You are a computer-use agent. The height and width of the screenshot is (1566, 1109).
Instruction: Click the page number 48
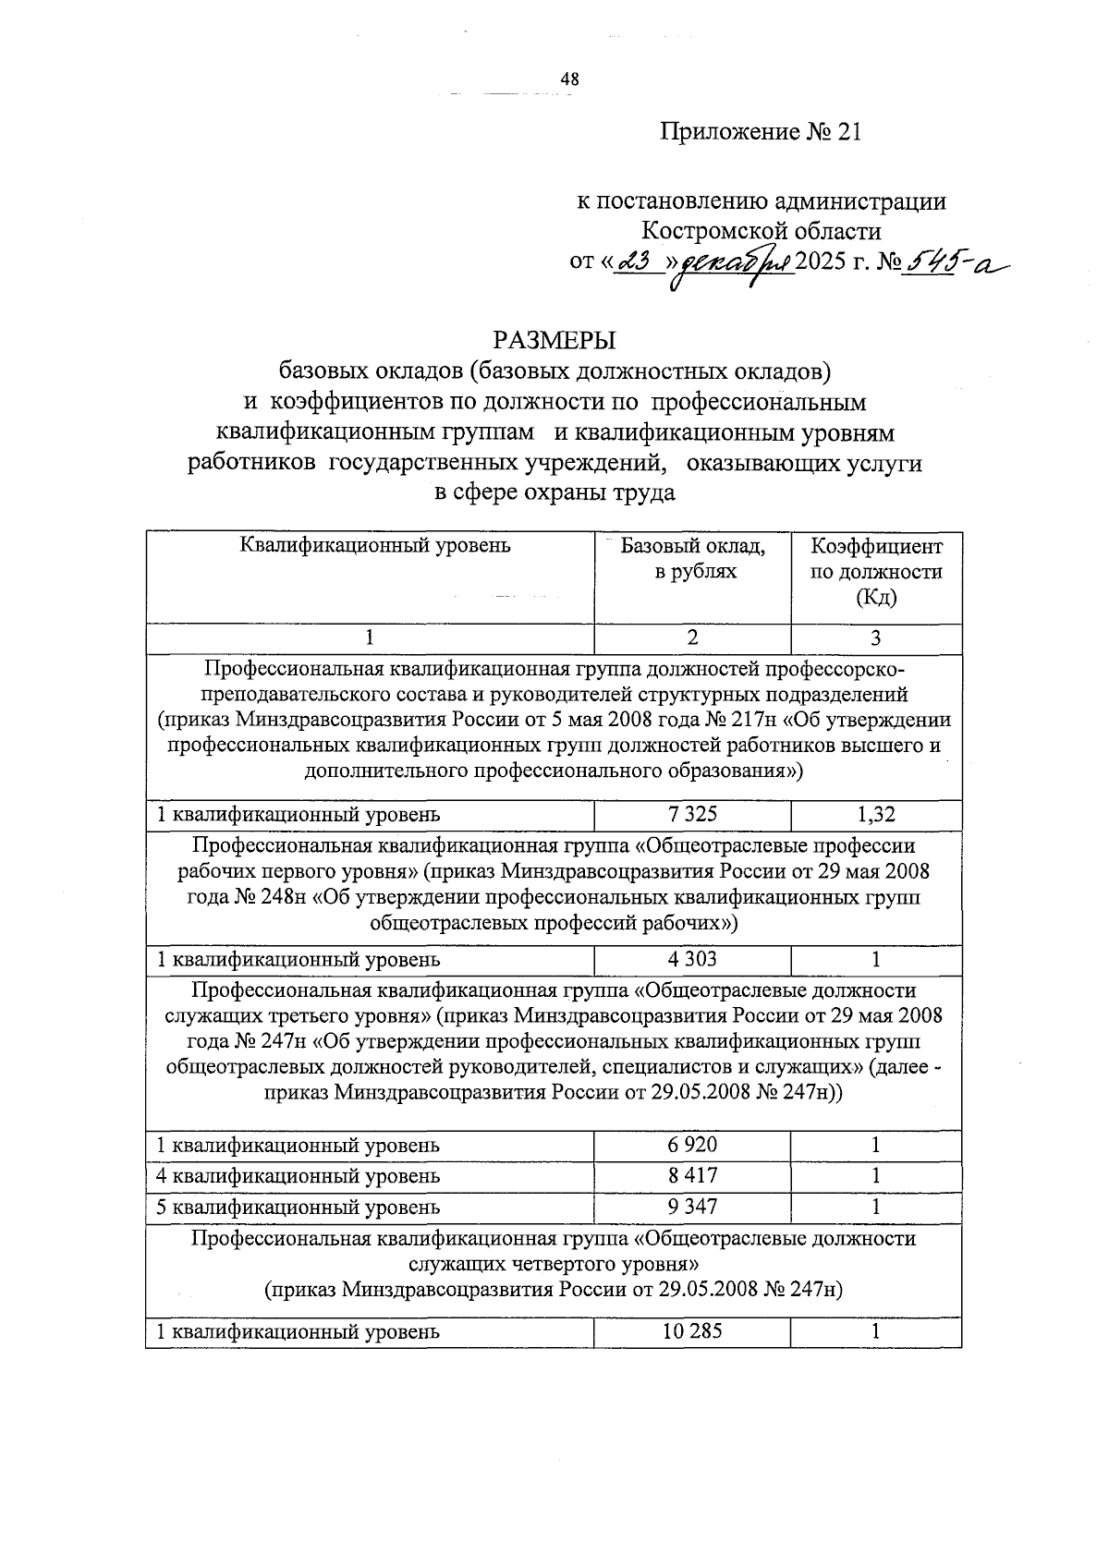(569, 80)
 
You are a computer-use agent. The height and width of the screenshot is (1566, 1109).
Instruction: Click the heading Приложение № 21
(761, 132)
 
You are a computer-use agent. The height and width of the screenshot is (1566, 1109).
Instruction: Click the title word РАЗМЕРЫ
(554, 340)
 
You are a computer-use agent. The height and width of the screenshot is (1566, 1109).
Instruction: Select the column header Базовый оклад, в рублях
(693, 559)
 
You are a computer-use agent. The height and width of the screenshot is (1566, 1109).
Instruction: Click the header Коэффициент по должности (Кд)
(876, 572)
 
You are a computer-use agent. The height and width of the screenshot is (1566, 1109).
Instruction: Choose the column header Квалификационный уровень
(375, 545)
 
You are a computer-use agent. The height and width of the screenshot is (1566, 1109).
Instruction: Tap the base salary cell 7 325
(692, 814)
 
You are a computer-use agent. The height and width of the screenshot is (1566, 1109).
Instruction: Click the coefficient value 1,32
(876, 814)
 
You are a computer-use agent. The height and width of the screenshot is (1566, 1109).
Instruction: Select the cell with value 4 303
(692, 959)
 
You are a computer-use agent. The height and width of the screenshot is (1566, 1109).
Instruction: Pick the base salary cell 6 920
(692, 1145)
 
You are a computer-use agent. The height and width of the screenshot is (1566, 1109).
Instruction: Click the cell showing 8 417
(692, 1176)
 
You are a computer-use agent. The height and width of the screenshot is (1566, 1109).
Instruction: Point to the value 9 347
(692, 1207)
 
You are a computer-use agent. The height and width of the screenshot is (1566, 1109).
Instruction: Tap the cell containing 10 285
(692, 1331)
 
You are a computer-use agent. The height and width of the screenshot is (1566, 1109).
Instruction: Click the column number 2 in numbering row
(692, 637)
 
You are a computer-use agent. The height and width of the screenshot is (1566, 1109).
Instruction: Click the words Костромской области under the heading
(761, 231)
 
